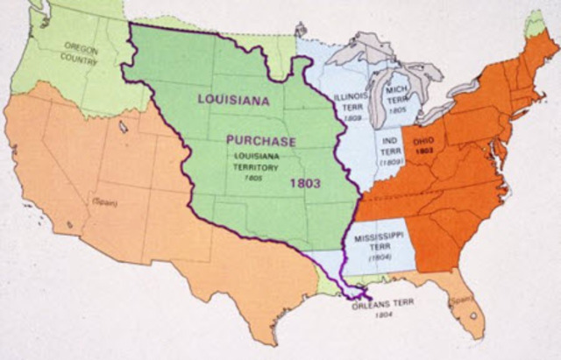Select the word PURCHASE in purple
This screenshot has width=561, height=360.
pyautogui.click(x=261, y=141)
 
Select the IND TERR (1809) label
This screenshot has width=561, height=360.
pyautogui.click(x=390, y=150)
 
